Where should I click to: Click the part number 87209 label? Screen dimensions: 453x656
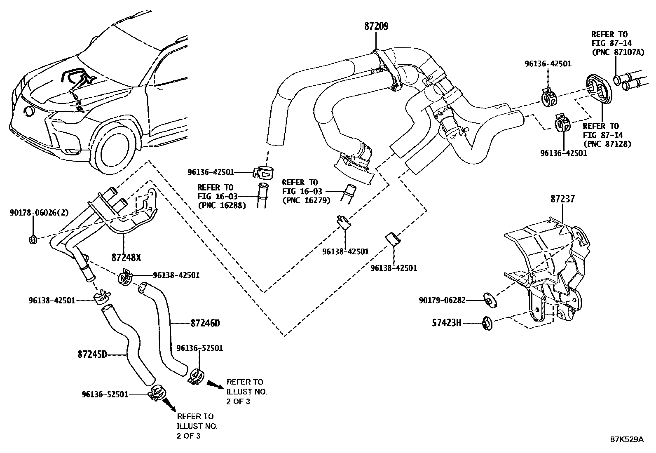(x=376, y=26)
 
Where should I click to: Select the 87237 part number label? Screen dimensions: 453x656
(x=562, y=199)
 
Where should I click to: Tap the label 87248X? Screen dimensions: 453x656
(x=126, y=258)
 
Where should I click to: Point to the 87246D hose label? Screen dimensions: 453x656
(x=205, y=323)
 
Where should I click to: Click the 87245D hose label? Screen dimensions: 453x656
(x=92, y=354)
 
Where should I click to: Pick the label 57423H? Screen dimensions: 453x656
(x=447, y=323)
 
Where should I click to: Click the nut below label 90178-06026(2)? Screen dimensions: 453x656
(x=33, y=239)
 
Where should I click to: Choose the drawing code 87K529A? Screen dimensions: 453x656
(x=626, y=439)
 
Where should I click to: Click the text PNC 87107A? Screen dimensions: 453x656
(x=611, y=52)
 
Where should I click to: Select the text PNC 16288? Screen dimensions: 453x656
(x=222, y=205)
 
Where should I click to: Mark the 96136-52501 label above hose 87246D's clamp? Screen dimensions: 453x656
(x=199, y=348)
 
